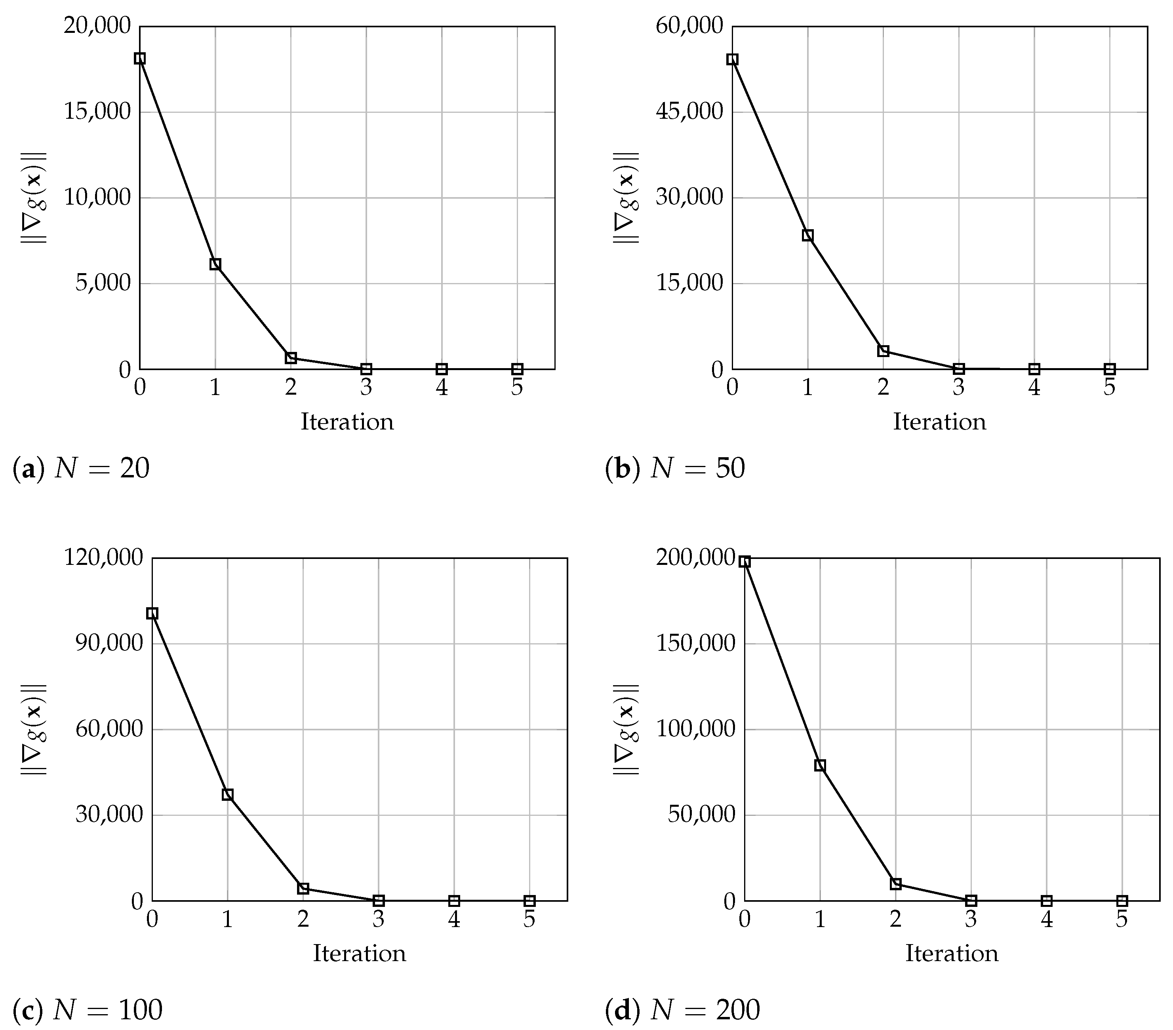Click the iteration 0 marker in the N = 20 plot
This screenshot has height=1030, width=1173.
[x=139, y=59]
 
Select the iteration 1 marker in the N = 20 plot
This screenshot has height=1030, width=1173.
[x=215, y=264]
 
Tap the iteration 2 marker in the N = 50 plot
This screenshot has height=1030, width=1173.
[x=883, y=351]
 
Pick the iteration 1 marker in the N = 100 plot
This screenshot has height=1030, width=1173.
[x=228, y=794]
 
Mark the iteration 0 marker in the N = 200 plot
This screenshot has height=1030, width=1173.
[x=745, y=561]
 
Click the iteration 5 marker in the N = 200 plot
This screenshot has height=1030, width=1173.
[x=1122, y=901]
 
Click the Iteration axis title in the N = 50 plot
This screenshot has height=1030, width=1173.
[x=939, y=422]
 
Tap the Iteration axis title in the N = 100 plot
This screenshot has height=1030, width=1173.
[x=359, y=954]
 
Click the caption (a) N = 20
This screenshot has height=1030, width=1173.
[x=81, y=469]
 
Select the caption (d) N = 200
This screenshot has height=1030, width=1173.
[x=682, y=1010]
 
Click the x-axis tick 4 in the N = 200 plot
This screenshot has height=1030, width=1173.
[x=1047, y=920]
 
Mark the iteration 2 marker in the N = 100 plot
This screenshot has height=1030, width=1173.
[x=303, y=888]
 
